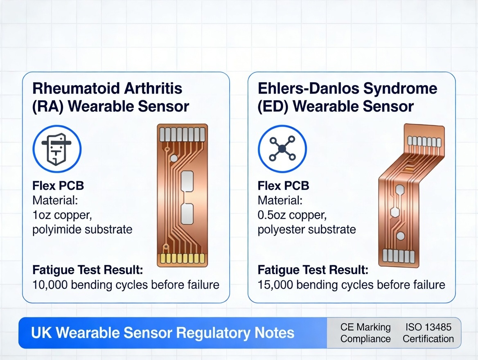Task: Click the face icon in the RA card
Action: (57, 148)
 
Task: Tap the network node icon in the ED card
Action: (282, 148)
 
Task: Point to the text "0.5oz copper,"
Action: (293, 215)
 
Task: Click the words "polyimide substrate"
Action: (82, 229)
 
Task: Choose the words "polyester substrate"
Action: (307, 229)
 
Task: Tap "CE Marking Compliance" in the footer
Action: (365, 333)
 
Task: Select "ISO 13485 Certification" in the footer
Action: (428, 333)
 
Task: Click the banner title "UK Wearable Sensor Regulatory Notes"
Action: (162, 333)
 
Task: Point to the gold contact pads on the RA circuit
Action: (182, 259)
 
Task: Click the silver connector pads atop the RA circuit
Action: (182, 134)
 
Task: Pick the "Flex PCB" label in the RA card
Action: (58, 186)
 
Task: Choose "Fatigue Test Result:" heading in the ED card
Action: (313, 270)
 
